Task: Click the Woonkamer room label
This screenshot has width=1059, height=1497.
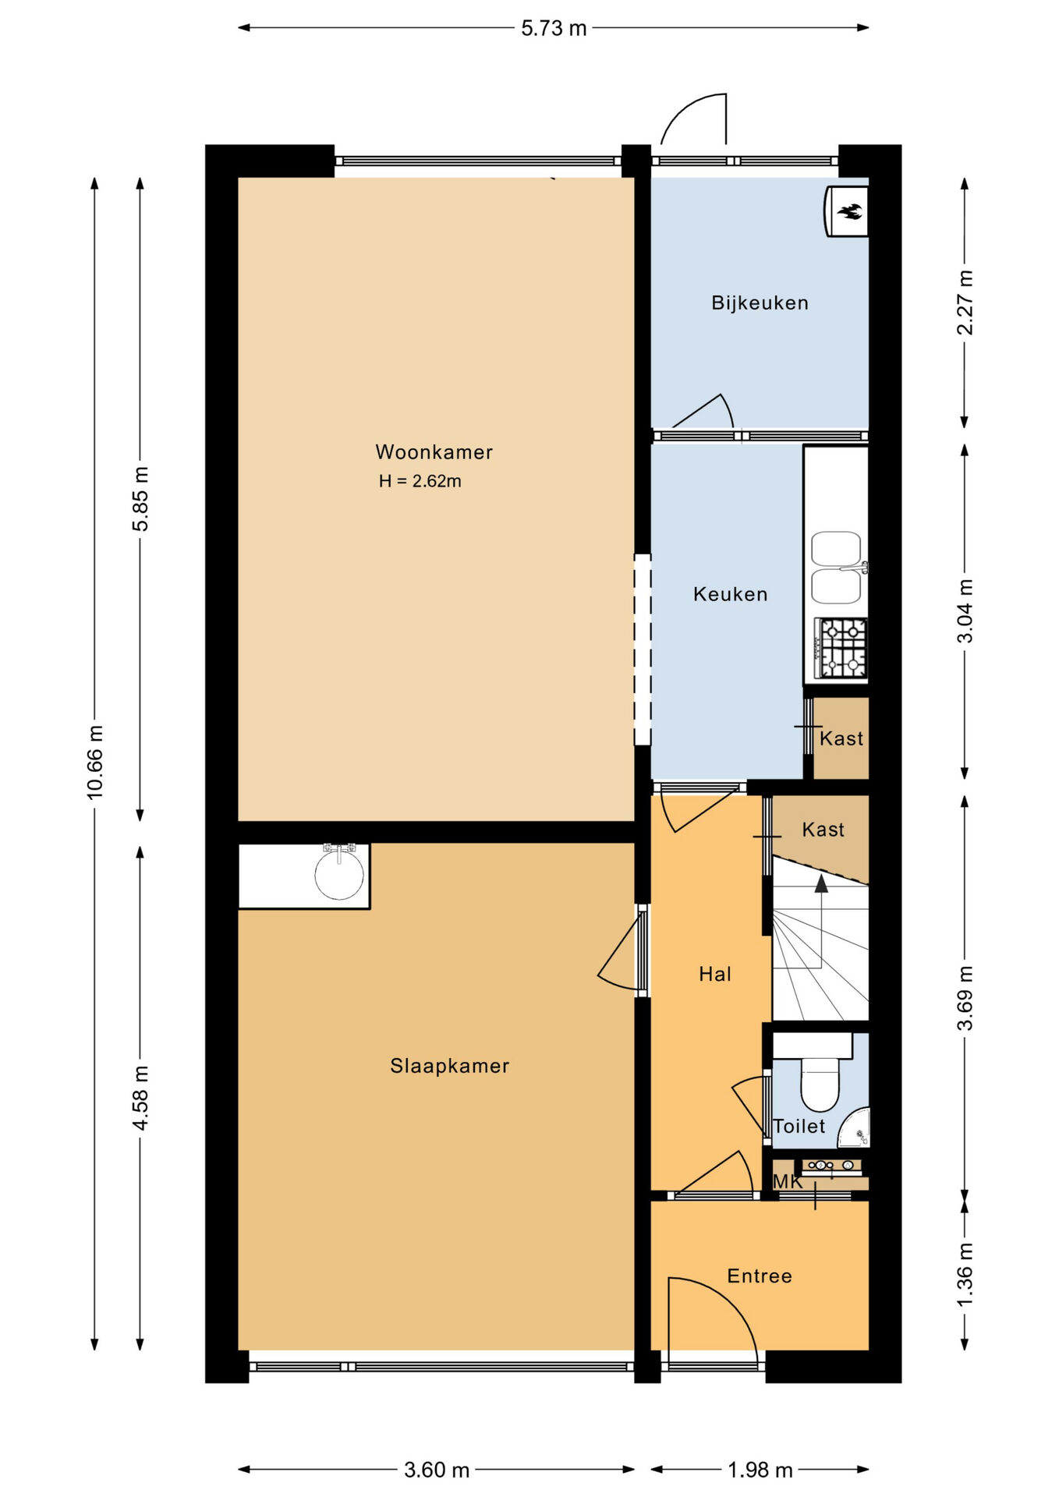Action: tap(434, 452)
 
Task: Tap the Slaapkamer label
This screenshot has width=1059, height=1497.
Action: tap(449, 1066)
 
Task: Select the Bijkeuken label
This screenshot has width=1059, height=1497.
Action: tap(760, 303)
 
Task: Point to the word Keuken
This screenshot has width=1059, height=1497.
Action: tap(730, 594)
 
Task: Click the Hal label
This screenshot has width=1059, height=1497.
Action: tap(714, 974)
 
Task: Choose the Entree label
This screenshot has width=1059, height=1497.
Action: tap(760, 1276)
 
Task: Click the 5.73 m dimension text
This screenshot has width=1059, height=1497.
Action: tap(554, 28)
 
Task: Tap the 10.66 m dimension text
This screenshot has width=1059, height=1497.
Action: tap(95, 762)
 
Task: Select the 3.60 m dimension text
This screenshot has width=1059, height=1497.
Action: tap(437, 1470)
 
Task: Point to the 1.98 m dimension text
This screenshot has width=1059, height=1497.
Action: tap(760, 1470)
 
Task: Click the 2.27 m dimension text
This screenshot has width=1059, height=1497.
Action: tap(965, 303)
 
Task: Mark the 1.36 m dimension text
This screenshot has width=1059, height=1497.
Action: tap(965, 1276)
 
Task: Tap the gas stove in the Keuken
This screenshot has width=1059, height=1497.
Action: tap(841, 648)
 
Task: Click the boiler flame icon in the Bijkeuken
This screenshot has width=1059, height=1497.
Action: tap(850, 211)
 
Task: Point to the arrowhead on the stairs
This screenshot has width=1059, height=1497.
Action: tap(821, 883)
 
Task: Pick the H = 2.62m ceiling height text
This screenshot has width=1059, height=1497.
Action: tap(420, 481)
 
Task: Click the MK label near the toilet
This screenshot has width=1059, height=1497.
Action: tap(787, 1182)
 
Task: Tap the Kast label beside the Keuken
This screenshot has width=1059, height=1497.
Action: tap(841, 738)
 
